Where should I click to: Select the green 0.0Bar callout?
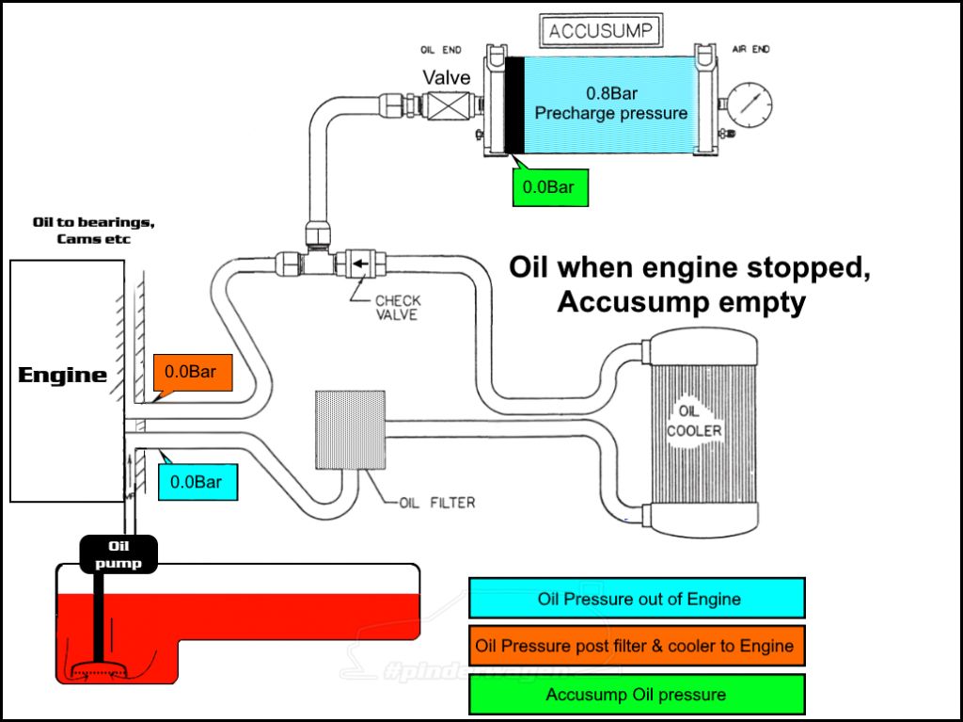pos(548,186)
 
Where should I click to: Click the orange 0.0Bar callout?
pos(190,372)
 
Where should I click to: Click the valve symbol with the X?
pos(447,106)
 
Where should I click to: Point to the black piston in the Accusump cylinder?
pos(515,104)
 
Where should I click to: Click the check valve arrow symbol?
pos(359,263)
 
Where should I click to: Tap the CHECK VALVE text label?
pos(398,308)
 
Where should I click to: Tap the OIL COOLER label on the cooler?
pos(694,422)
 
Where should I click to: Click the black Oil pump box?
pos(118,554)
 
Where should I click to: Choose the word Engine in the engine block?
pos(63,375)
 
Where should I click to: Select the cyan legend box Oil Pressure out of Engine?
pos(638,599)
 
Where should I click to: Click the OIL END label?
pos(440,49)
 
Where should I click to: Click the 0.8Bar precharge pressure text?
pos(610,104)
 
